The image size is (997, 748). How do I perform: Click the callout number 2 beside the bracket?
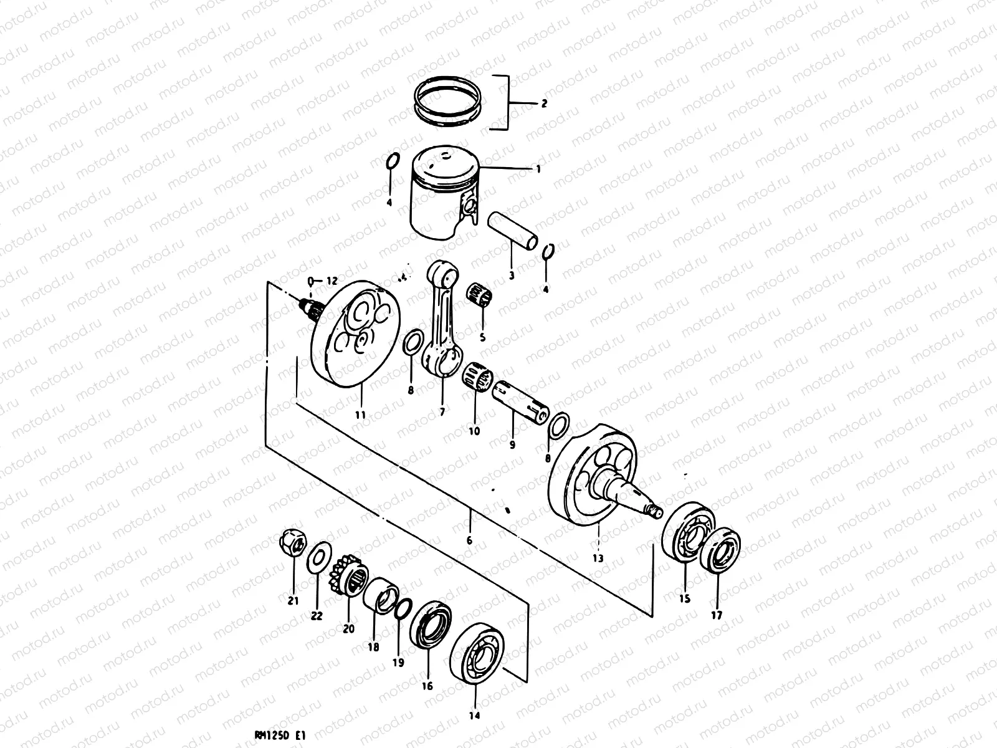coord(543,103)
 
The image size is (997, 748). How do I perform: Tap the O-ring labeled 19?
coord(403,608)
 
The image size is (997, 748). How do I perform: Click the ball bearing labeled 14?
coord(477,654)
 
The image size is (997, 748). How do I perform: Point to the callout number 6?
coord(469,540)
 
